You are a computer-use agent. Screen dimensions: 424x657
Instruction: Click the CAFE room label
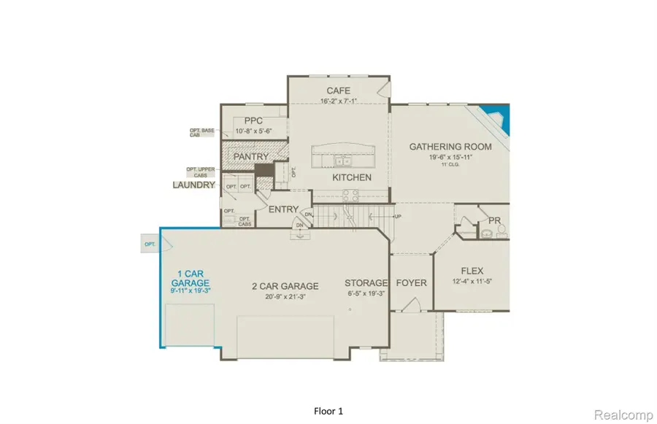pos(338,90)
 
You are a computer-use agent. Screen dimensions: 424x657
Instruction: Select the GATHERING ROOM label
pos(450,147)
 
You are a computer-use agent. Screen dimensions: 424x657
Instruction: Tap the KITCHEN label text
pos(352,177)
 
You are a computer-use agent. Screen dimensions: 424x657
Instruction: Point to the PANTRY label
pos(250,156)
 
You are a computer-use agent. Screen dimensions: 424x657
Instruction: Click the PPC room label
pos(253,121)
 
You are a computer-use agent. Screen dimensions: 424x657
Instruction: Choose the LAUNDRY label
pos(193,185)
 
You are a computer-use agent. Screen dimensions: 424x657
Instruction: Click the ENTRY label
pos(283,209)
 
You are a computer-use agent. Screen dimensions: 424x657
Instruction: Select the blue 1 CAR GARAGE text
pos(190,278)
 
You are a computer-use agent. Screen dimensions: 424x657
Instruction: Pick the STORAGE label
pos(366,283)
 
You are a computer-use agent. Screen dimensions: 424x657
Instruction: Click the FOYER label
pos(411,283)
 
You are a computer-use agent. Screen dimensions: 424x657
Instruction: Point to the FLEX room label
pos(472,271)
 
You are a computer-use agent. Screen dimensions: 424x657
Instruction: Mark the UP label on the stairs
pos(398,217)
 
